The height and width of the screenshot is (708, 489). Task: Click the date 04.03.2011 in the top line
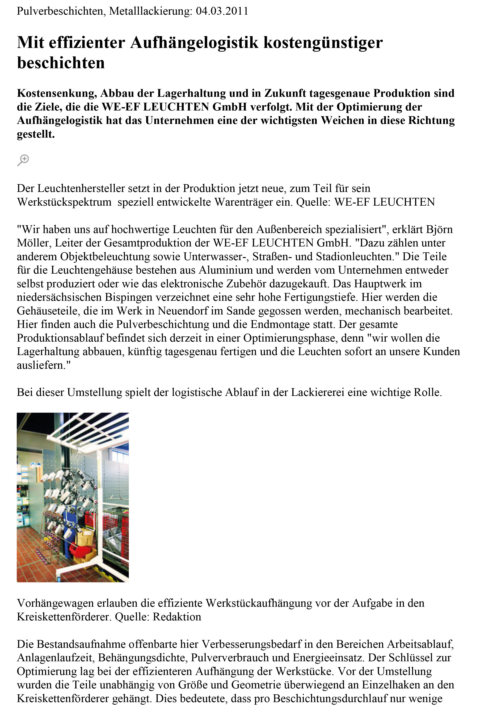pyautogui.click(x=222, y=11)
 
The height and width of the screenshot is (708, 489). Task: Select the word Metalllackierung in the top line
pyautogui.click(x=150, y=11)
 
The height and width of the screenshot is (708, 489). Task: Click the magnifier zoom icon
pyautogui.click(x=23, y=160)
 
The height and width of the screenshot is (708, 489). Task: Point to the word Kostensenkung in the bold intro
pyautogui.click(x=57, y=93)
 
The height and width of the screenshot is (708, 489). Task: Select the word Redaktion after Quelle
pyautogui.click(x=177, y=616)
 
